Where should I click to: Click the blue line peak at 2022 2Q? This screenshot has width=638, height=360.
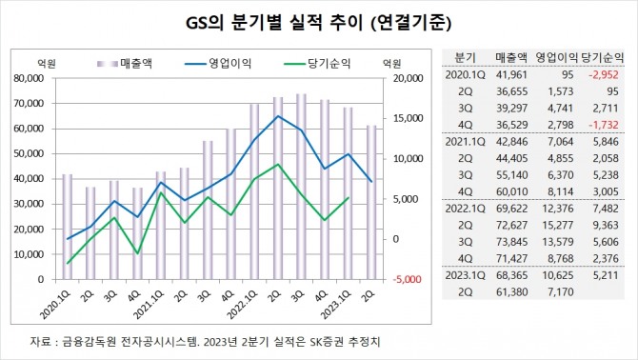coord(277,116)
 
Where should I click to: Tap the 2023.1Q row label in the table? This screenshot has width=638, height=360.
coord(465,276)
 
